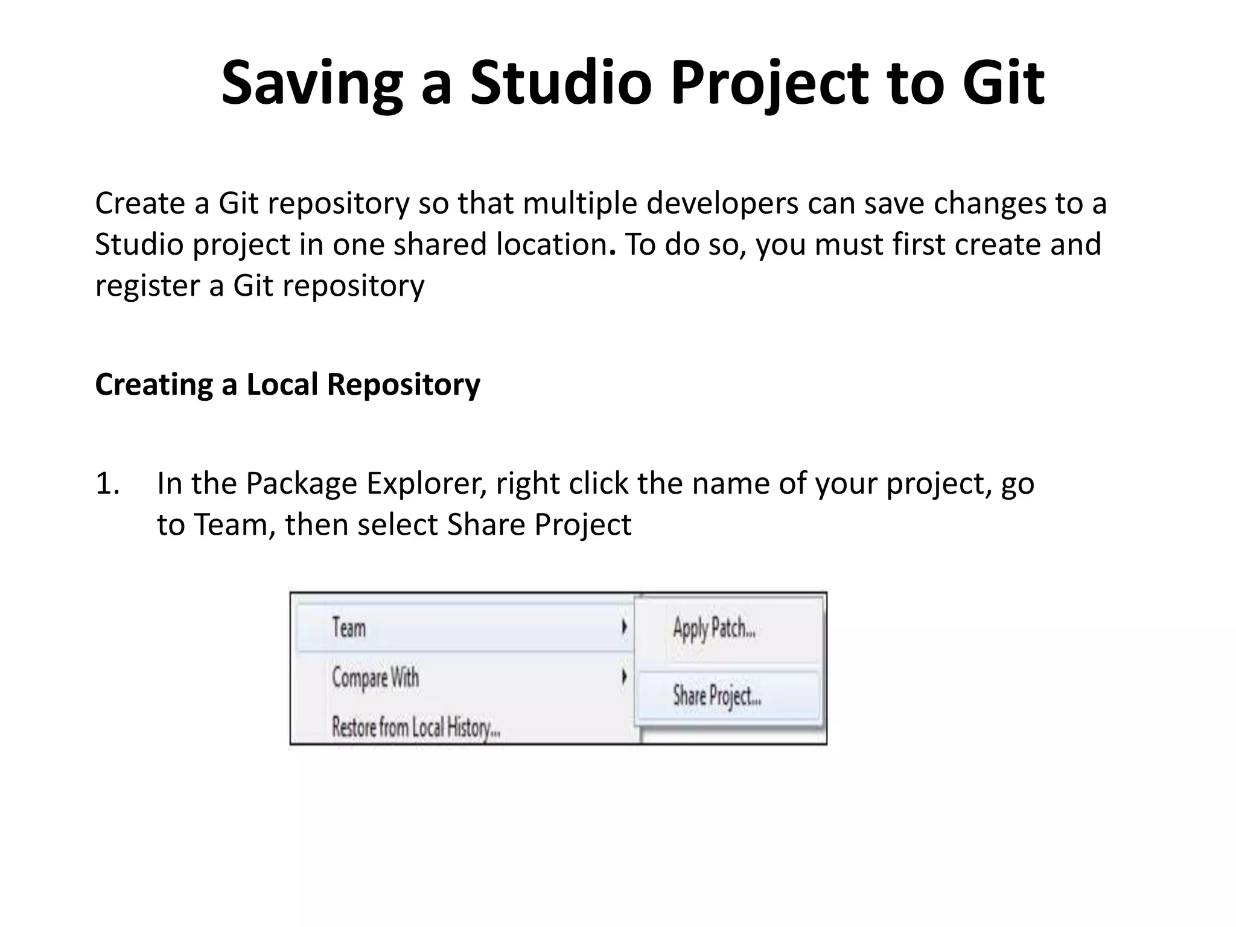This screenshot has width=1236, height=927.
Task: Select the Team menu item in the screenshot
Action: (349, 628)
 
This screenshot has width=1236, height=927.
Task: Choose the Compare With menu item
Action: (375, 677)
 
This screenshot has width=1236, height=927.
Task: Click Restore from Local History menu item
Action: (416, 727)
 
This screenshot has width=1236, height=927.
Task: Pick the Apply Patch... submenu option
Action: (714, 628)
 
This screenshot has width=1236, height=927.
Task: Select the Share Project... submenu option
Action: (716, 696)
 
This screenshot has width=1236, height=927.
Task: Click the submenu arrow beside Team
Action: (624, 628)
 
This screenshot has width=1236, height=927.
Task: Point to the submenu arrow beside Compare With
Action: (624, 677)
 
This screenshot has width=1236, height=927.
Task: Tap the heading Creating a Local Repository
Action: (287, 384)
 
